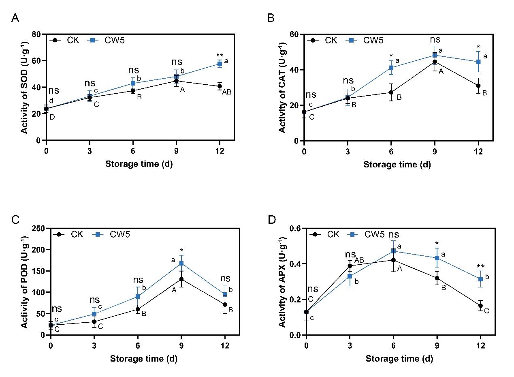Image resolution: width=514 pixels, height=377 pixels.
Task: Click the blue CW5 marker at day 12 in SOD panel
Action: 220,64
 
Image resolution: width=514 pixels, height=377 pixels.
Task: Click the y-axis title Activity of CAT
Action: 282,87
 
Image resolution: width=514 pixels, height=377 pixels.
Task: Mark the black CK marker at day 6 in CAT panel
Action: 391,92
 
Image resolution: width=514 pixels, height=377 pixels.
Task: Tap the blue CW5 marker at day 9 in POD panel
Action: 181,263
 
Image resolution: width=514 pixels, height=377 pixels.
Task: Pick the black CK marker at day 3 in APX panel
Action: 350,266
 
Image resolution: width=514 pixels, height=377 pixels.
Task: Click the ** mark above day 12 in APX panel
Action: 480,267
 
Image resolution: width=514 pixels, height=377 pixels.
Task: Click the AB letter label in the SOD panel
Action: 226,92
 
